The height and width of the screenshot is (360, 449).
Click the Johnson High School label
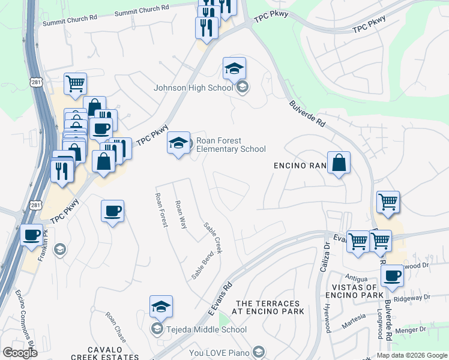point(193,88)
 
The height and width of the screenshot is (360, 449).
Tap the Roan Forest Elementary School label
point(231,145)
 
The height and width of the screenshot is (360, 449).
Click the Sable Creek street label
point(213,238)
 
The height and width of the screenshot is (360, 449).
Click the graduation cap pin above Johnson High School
point(234,69)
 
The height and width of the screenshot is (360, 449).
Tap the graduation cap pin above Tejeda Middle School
point(161,307)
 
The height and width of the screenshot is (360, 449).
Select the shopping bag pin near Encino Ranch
point(339,163)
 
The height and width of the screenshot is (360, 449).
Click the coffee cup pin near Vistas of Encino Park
point(392,276)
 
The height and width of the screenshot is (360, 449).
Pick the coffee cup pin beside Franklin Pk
point(32,235)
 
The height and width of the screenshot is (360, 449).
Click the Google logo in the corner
point(19,352)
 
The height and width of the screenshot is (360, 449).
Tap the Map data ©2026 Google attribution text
point(412,355)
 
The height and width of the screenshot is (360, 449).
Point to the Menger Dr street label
point(414,329)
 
